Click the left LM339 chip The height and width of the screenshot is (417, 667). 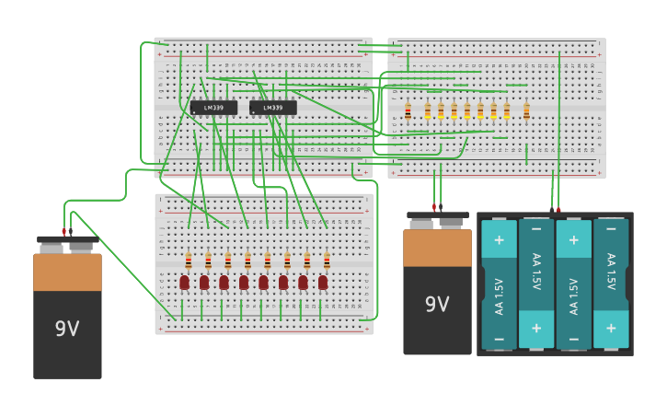pos(213,108)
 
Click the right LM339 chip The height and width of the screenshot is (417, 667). pos(272,108)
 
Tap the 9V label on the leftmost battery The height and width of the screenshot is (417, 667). pos(67,329)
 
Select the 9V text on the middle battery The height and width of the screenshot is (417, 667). pos(437,305)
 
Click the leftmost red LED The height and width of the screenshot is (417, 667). pos(185,282)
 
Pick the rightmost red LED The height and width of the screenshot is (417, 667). pos(323,282)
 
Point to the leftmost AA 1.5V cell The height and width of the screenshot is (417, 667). pos(499,284)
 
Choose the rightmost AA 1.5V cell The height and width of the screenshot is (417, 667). pos(611,284)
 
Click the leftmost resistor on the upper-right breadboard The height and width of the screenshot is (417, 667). pos(408,111)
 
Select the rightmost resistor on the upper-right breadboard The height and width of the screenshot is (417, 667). pos(526,111)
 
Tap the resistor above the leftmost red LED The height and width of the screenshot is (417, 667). pos(189,261)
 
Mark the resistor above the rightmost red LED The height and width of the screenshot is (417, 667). pos(327,261)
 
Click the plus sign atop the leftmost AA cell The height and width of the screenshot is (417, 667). pos(499,239)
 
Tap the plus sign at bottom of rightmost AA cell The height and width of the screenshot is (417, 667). pos(611,328)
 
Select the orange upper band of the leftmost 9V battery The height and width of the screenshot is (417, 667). pos(67,272)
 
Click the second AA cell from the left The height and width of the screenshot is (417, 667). pos(536,284)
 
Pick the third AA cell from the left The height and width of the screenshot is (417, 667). pos(573,284)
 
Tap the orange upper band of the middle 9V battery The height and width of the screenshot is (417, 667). pos(437,248)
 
